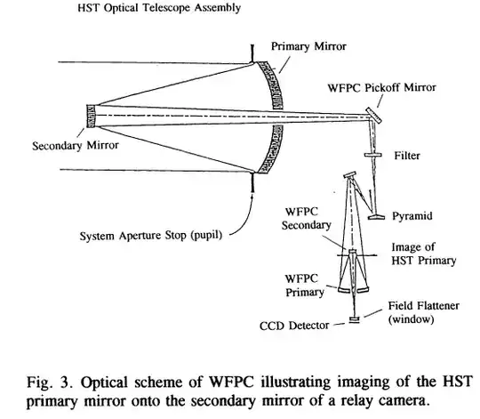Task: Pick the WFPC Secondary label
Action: point(308,219)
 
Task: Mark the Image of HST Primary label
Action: point(423,254)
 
